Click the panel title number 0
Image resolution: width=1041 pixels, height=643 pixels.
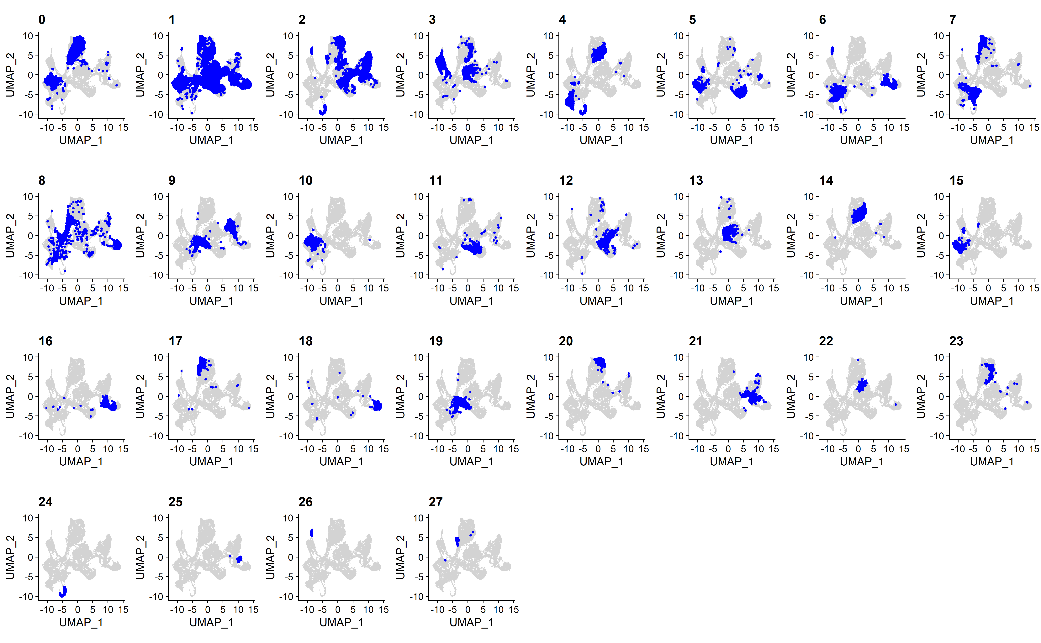(42, 20)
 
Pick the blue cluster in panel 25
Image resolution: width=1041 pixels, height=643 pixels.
(239, 559)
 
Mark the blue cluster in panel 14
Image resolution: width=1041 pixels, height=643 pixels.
(859, 213)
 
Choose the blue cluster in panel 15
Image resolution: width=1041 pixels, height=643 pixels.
(960, 246)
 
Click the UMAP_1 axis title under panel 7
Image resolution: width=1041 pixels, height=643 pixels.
(992, 140)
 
